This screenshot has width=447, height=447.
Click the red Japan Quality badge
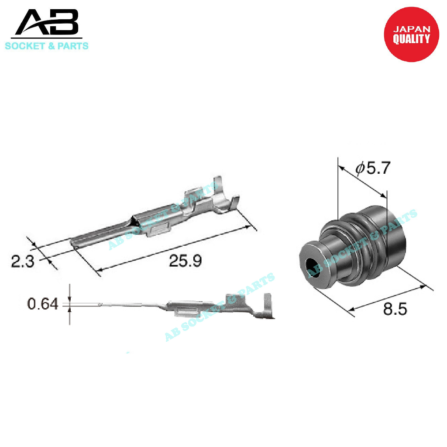point(411,34)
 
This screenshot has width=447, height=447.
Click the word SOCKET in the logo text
point(25,46)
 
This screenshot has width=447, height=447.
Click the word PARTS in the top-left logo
point(73,46)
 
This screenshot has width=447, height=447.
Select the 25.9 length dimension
point(185,261)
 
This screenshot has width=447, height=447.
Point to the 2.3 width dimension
point(23,261)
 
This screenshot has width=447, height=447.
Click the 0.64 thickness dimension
point(42,304)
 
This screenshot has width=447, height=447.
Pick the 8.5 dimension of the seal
point(395,309)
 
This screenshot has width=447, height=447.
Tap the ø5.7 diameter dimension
point(373,168)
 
